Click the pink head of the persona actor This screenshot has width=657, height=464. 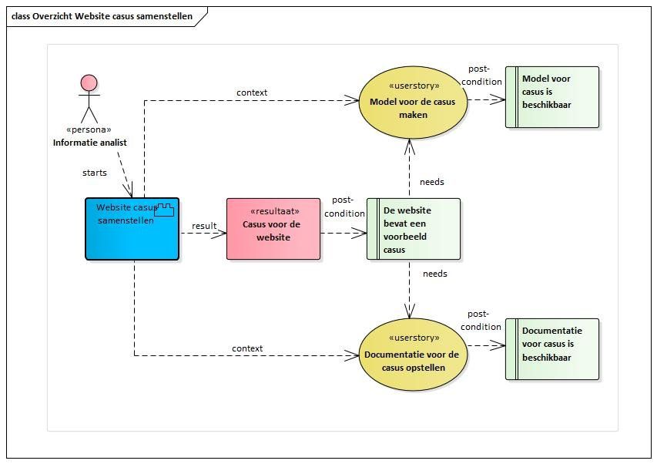tap(89, 83)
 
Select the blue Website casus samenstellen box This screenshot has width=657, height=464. tap(132, 229)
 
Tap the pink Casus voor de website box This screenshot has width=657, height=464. tap(273, 229)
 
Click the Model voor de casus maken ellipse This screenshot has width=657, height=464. tap(413, 103)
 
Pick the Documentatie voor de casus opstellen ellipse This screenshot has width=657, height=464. tap(413, 355)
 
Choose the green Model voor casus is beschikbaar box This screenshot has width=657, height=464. tap(552, 97)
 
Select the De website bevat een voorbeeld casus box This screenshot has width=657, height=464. tap(414, 229)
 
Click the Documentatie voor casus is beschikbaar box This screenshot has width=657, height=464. tap(552, 349)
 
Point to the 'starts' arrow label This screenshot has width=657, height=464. tap(94, 173)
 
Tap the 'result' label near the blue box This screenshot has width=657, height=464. tap(204, 226)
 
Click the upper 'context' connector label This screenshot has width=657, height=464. tap(252, 92)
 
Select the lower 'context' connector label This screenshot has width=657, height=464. tap(247, 348)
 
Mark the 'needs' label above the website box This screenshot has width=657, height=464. tap(431, 182)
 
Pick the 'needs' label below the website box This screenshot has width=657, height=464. tap(435, 274)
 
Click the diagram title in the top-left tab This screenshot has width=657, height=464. tap(102, 16)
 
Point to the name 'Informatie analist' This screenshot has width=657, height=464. tap(89, 143)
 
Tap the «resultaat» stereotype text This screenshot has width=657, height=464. tap(275, 211)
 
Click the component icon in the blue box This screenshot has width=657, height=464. tap(164, 210)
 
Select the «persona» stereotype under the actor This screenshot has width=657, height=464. tap(89, 129)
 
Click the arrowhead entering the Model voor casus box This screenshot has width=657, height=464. tap(498, 99)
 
